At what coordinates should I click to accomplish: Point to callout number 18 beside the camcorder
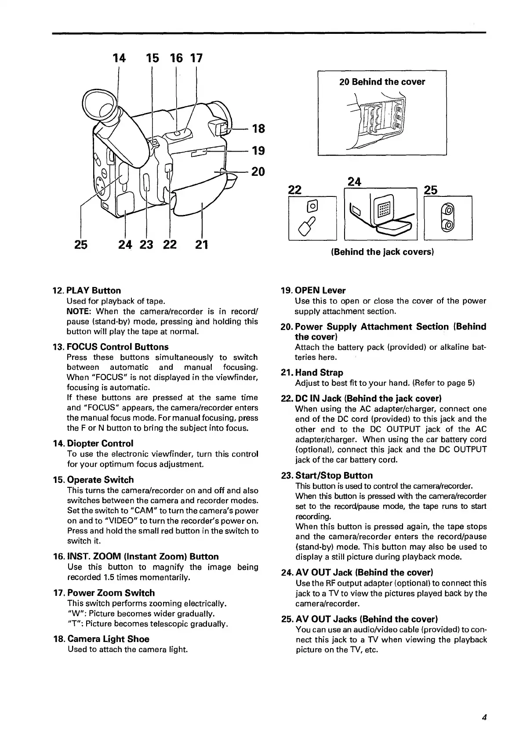[x=258, y=129]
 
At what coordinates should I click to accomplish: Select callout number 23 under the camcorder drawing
[x=146, y=244]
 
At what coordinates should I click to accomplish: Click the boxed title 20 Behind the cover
[x=382, y=82]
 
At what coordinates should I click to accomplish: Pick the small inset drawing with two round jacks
[x=448, y=218]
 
